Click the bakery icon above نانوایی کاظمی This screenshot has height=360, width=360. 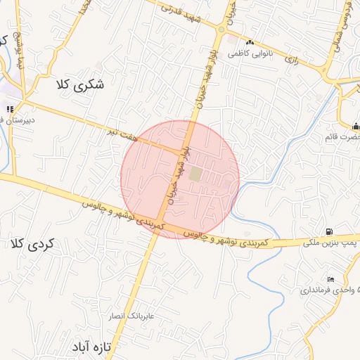pos(250,42)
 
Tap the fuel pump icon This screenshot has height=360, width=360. pos(329,231)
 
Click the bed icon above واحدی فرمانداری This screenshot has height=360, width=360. pos(331,280)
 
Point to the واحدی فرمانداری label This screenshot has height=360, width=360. pos(330,290)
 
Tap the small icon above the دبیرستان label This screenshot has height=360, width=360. pos(10,109)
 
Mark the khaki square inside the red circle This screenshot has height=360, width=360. pos(195,172)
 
